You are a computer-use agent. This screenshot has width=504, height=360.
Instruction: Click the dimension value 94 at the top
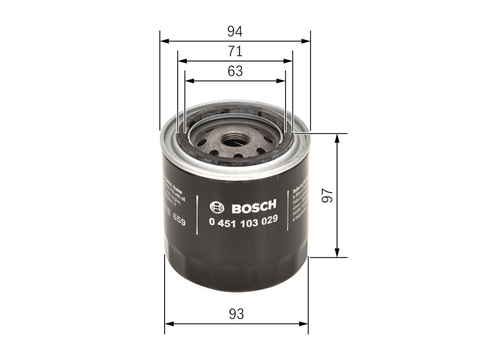[235, 32]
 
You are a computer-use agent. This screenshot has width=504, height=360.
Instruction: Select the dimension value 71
[235, 52]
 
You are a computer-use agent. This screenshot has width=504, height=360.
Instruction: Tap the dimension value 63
[235, 71]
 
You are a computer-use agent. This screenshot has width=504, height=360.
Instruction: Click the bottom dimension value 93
[236, 314]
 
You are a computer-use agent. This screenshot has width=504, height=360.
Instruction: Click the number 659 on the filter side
[179, 221]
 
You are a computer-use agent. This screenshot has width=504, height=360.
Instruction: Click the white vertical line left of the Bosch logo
[197, 215]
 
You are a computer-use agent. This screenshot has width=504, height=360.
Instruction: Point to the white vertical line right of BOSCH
[288, 213]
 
